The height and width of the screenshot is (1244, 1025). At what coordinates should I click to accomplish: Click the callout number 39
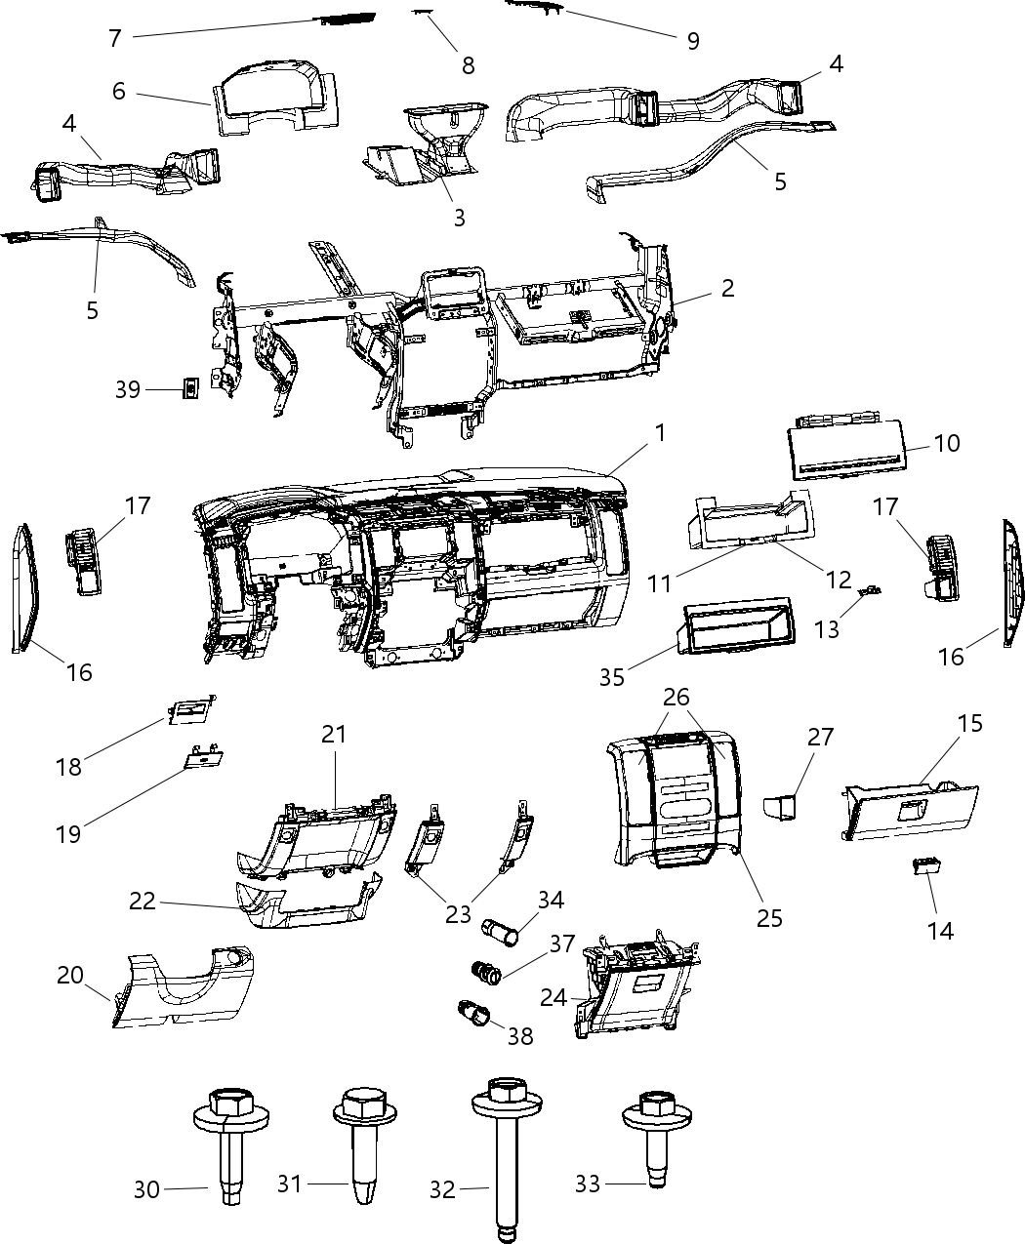pos(128,389)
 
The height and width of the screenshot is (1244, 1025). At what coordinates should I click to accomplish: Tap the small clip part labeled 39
pos(191,388)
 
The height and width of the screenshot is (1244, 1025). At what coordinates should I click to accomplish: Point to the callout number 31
pos(290,1184)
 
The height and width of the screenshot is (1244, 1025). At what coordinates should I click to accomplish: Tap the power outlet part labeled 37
pos(486,971)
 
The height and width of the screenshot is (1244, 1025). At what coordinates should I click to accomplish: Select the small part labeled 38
pos(474,1014)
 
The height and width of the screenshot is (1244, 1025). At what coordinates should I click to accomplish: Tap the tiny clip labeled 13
pos(869,590)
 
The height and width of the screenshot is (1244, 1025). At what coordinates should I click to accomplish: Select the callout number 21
pos(334,734)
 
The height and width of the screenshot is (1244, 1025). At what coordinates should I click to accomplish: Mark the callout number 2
pos(727,289)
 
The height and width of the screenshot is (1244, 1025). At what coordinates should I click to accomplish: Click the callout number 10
pos(946,443)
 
